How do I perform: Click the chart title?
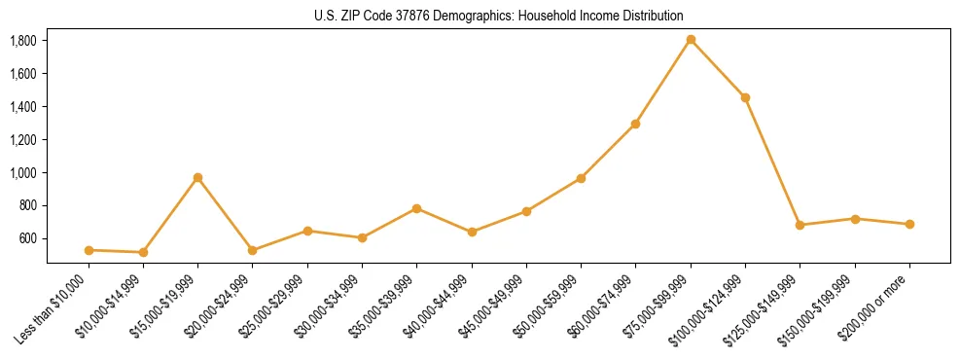(x=498, y=16)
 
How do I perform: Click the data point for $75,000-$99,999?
(x=691, y=40)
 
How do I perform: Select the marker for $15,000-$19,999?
(x=197, y=178)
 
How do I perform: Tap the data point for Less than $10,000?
(x=89, y=250)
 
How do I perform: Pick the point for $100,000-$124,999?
(x=745, y=97)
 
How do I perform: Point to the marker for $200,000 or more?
(x=909, y=224)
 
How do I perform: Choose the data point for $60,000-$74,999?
(x=635, y=124)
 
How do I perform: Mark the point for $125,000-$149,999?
(x=800, y=225)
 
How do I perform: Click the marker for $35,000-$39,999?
(x=416, y=208)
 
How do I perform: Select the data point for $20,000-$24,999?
(x=252, y=250)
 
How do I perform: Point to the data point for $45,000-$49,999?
(x=526, y=211)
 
